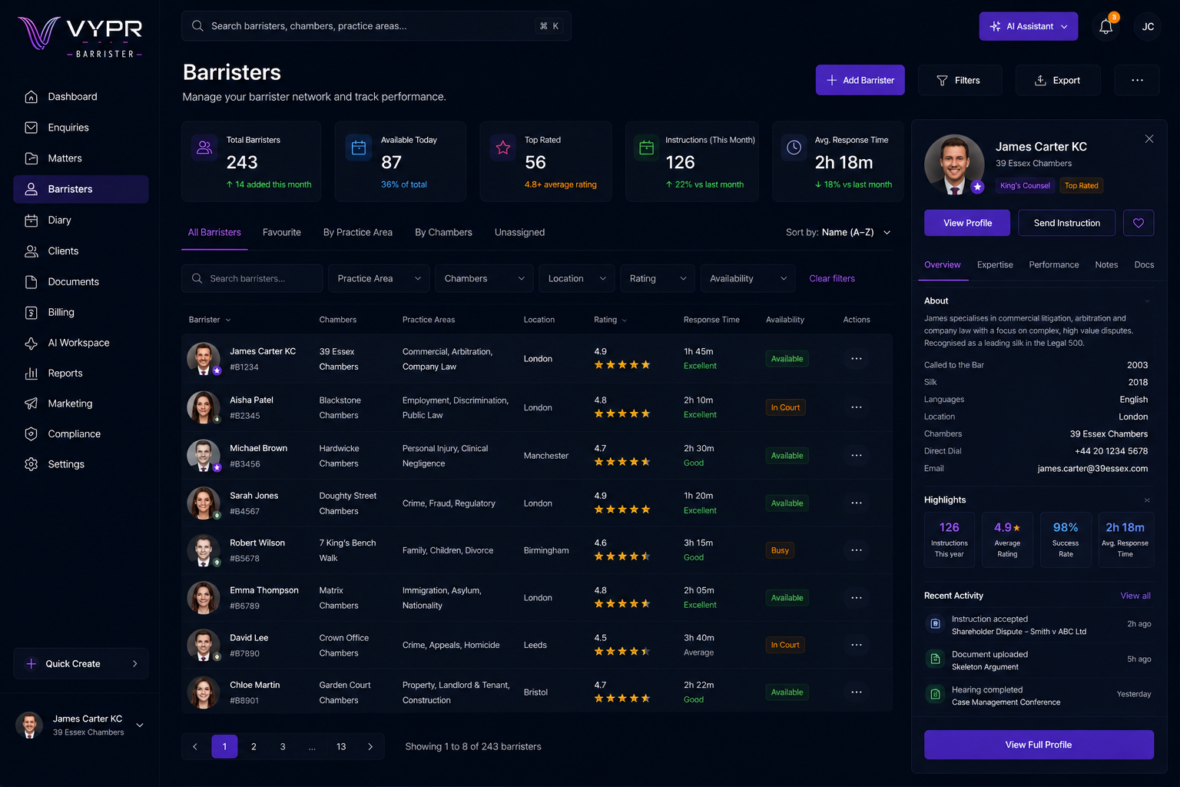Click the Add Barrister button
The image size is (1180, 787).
[x=860, y=80]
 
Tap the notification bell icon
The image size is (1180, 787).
[x=1105, y=26]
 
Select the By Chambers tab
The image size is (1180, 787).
[x=443, y=232]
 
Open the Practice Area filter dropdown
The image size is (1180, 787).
[x=379, y=278]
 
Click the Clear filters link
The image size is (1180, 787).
[x=832, y=278]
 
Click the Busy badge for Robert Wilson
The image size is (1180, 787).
[x=780, y=550]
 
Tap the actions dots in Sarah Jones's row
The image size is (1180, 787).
[x=857, y=503]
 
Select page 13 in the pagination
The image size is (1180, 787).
[x=341, y=746]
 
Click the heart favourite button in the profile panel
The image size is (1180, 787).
[x=1139, y=223]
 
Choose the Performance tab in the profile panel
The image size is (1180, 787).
[x=1053, y=264]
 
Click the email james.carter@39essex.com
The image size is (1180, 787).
[x=1092, y=468]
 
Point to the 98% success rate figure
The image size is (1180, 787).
[x=1066, y=527]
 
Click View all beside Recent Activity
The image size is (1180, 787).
[x=1135, y=596]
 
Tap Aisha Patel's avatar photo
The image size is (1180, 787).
[x=204, y=407]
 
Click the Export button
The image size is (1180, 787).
[x=1058, y=80]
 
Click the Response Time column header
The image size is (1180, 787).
[x=711, y=320]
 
